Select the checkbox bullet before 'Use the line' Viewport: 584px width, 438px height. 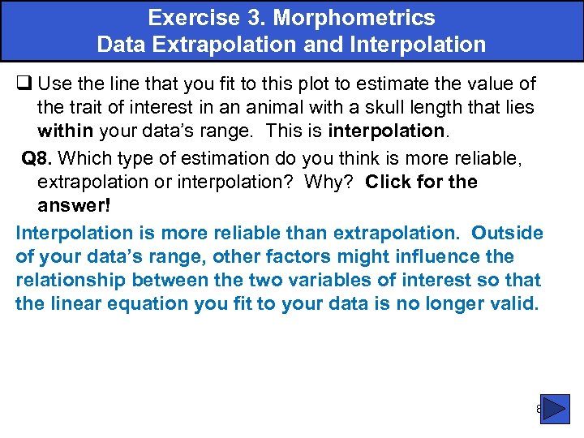(x=24, y=84)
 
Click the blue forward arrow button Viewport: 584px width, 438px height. (x=555, y=410)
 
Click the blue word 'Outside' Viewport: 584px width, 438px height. (x=507, y=233)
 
